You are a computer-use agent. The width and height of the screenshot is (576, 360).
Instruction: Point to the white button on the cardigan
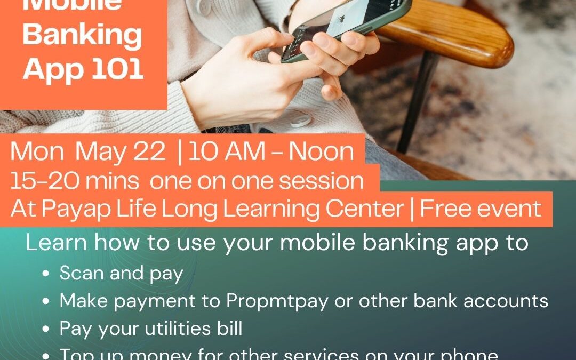coord(300,120)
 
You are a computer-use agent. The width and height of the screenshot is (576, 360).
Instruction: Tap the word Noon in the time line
coord(322,153)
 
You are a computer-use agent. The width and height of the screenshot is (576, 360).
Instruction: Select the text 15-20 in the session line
coord(36,181)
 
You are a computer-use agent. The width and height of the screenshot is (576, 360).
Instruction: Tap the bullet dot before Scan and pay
coord(47,274)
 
